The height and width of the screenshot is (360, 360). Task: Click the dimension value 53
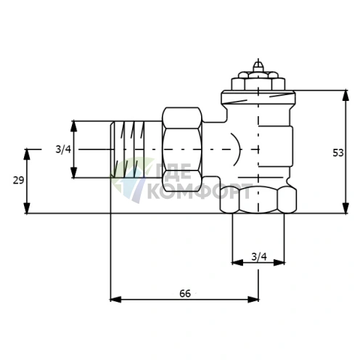coord(338,153)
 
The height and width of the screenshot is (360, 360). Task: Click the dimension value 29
coord(18,180)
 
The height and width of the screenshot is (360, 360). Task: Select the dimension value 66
coord(185,293)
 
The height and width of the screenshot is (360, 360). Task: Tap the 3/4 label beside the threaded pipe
coord(63,150)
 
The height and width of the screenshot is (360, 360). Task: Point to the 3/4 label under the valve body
coord(259,256)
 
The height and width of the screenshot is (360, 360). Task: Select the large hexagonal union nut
coord(182,150)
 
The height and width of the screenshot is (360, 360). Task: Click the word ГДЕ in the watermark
coord(173,172)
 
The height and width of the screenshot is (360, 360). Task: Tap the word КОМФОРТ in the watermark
coord(199,192)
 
